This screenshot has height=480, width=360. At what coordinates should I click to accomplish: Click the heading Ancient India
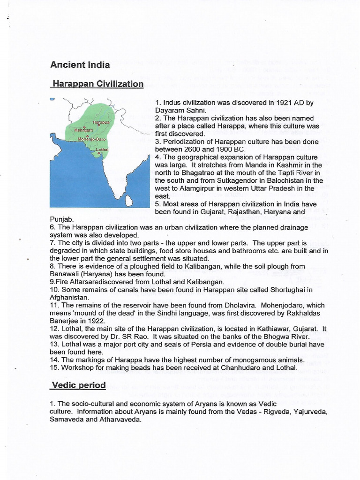pyautogui.click(x=80, y=65)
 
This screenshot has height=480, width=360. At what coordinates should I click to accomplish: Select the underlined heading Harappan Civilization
pyautogui.click(x=97, y=84)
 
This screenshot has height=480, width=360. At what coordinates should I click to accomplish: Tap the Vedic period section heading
pyautogui.click(x=78, y=385)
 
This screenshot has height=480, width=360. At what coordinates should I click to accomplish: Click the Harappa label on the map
pyautogui.click(x=101, y=122)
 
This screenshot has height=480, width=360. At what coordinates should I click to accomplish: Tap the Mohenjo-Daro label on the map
pyautogui.click(x=91, y=139)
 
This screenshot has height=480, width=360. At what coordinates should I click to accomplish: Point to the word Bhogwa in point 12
pyautogui.click(x=274, y=337)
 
